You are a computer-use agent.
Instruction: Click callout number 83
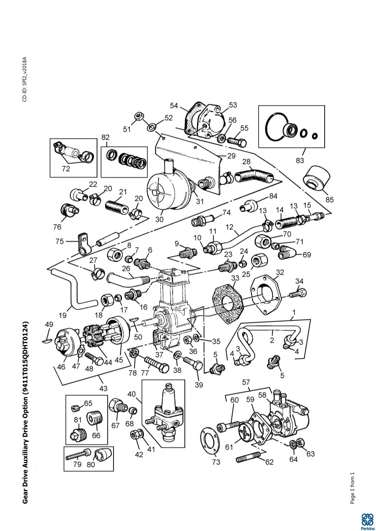300,160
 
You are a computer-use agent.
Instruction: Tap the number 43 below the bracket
103,388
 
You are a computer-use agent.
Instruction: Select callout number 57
246,382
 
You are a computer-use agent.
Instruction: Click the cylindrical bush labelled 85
316,178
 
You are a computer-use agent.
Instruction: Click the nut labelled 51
138,116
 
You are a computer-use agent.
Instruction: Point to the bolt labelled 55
237,140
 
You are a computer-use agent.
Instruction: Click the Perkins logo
367,520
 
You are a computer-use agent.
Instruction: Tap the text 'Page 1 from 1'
352,488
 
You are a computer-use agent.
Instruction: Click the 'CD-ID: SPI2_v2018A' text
24,79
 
